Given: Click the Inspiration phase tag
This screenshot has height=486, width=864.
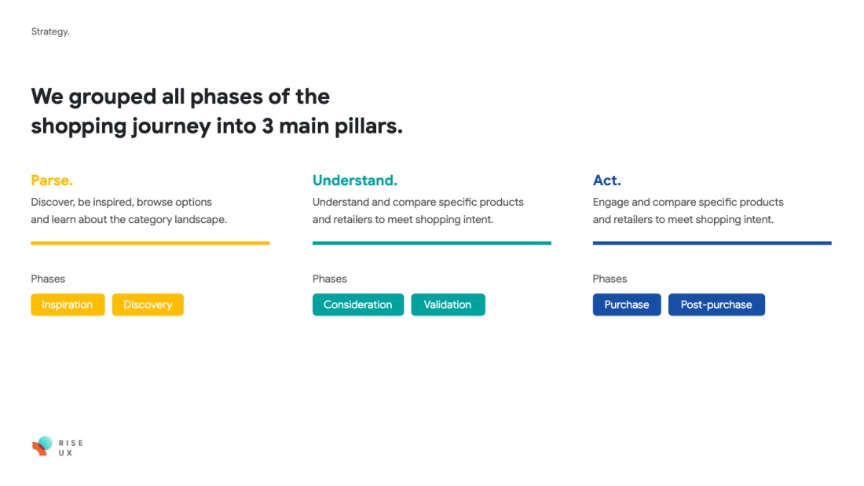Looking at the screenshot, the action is pos(68,305).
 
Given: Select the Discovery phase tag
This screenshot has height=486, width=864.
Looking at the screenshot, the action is pos(148,305).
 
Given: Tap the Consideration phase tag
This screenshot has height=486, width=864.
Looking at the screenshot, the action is pos(358,305).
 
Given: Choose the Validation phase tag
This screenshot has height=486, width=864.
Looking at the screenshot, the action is pos(448,305).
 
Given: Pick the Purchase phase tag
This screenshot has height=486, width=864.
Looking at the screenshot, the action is pos(627,305).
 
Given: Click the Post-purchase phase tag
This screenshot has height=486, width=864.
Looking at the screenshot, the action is pos(716,305).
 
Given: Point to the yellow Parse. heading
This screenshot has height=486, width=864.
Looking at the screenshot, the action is pos(52,181).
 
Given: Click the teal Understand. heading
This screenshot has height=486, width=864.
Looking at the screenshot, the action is pos(355,181).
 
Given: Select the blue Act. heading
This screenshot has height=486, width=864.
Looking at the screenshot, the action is pos(606,181).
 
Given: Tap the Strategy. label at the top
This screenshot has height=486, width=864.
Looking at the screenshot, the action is pos(50,32).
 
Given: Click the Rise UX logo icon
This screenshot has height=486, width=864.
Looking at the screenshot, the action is pos(42,446).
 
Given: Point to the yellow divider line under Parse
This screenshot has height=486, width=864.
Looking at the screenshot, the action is pos(150,243).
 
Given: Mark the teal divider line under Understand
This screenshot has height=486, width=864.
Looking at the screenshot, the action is pos(431,243).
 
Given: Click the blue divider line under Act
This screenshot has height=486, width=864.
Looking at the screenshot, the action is pos(712,243).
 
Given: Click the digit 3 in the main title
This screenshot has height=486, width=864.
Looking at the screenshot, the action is pos(268,126).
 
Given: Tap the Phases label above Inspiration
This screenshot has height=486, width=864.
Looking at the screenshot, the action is pos(48,279).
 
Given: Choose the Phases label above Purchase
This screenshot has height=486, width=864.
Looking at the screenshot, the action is pos(610,279).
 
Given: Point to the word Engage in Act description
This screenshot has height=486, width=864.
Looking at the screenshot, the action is pos(610,203).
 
